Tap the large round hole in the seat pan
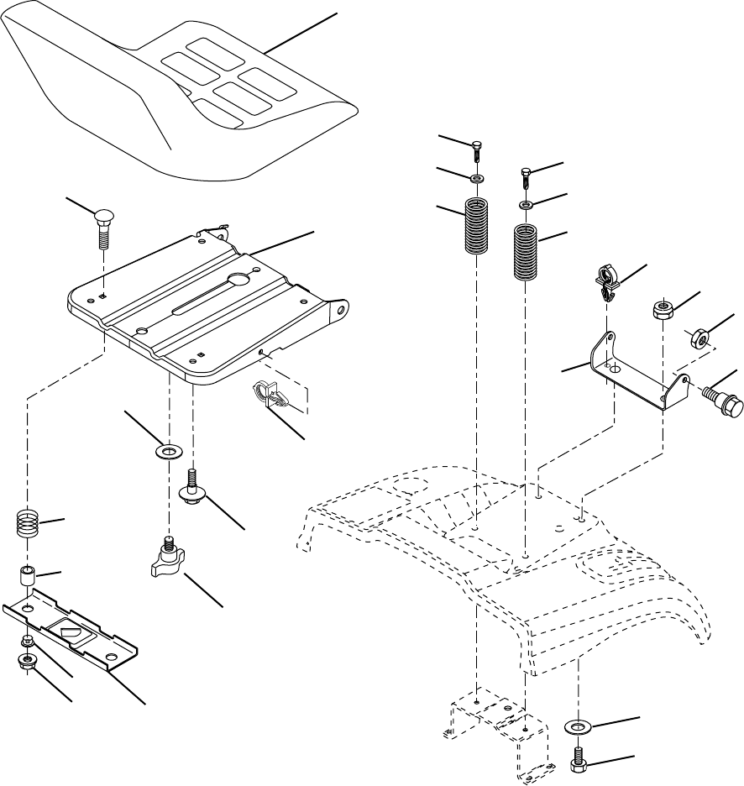237,280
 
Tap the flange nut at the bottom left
28,663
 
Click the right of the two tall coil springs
526,252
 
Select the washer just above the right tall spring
526,205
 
